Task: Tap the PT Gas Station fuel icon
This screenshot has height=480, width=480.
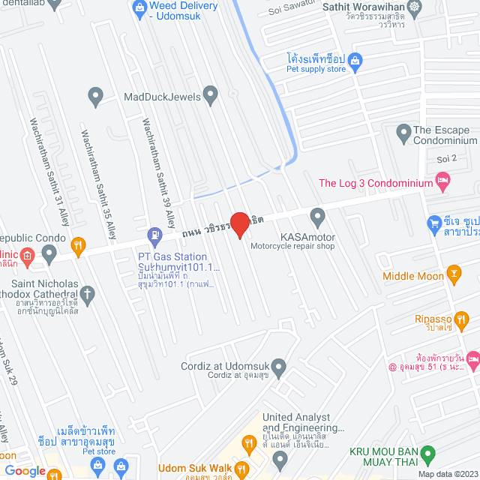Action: tap(155, 235)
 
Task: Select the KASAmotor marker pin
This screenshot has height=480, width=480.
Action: tap(317, 217)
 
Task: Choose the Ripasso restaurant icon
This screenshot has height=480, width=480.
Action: tap(454, 317)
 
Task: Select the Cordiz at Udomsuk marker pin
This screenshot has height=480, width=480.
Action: tap(280, 367)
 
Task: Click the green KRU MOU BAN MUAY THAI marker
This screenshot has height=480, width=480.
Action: tap(428, 453)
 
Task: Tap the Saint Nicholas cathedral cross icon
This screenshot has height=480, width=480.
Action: tap(87, 293)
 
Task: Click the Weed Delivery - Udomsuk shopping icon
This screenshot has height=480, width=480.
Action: tap(138, 8)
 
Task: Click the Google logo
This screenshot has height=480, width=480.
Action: tap(24, 470)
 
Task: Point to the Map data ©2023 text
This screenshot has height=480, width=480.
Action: tap(446, 473)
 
